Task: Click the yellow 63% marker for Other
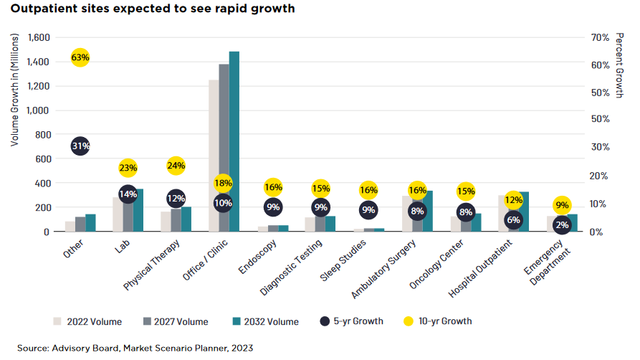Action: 80,57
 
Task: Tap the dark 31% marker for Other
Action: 80,146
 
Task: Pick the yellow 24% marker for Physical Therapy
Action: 176,166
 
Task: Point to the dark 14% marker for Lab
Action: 128,194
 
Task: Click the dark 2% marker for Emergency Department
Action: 562,224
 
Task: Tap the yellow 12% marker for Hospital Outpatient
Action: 513,199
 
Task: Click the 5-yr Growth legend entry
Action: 352,321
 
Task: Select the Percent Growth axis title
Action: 621,65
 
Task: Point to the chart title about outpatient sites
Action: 141,9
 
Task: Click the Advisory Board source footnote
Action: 135,348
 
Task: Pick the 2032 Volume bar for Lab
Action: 138,210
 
